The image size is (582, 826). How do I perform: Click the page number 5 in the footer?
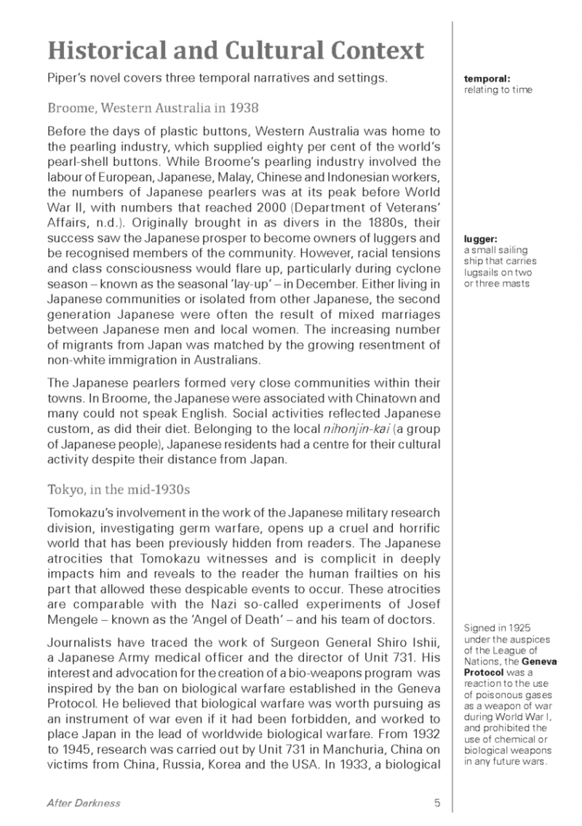coord(437,803)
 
